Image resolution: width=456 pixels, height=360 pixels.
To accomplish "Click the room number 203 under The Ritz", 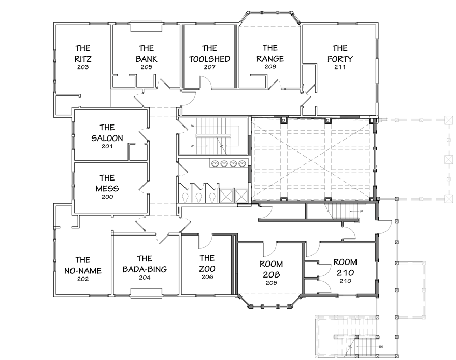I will tap(82, 67).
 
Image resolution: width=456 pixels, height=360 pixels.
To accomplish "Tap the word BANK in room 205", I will tap(146, 59).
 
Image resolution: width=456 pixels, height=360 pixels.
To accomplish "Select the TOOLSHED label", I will tap(209, 59).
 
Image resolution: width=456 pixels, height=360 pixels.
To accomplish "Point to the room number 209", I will tap(270, 67).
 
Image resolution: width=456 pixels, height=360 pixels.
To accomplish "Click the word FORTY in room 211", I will tap(340, 59).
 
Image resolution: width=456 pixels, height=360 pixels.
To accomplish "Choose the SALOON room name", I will tap(107, 138).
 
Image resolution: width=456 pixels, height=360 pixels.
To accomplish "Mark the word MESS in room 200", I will tap(107, 188).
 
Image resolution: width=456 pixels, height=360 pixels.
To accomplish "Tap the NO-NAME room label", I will tap(82, 271).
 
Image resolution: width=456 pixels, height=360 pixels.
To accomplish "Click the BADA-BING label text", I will tap(144, 269).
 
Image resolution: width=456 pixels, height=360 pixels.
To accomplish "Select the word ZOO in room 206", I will tap(207, 268).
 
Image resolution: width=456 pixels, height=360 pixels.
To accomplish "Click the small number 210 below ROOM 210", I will tap(345, 281).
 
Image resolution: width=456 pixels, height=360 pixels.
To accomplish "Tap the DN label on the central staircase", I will tap(193, 126).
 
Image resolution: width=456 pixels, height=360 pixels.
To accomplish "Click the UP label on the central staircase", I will tap(193, 146).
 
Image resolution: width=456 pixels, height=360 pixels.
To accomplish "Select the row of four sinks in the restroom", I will tap(228, 163).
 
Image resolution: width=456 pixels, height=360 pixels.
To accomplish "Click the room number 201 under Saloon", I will tap(107, 147).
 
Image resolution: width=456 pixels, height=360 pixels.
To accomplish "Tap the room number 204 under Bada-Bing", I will tap(144, 278).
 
